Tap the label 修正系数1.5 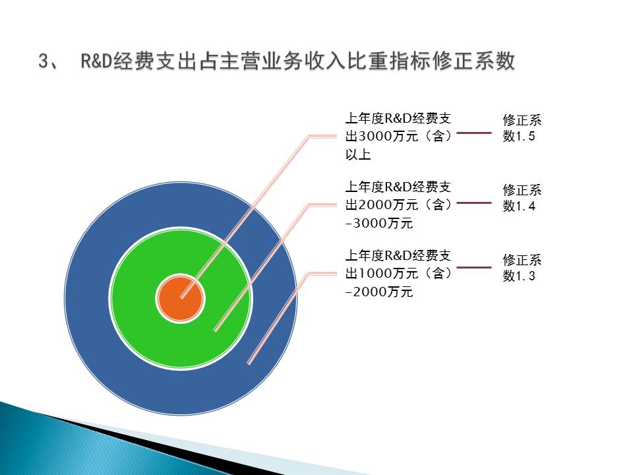522,129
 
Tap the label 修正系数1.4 522,198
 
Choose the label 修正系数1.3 522,267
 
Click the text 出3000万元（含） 399,137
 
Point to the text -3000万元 379,224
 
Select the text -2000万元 379,292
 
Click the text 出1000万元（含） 399,273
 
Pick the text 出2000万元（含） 399,205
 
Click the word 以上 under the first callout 358,155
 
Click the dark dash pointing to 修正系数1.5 473,134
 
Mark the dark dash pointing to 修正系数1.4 473,203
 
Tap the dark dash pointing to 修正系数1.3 473,267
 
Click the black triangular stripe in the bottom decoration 165,449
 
